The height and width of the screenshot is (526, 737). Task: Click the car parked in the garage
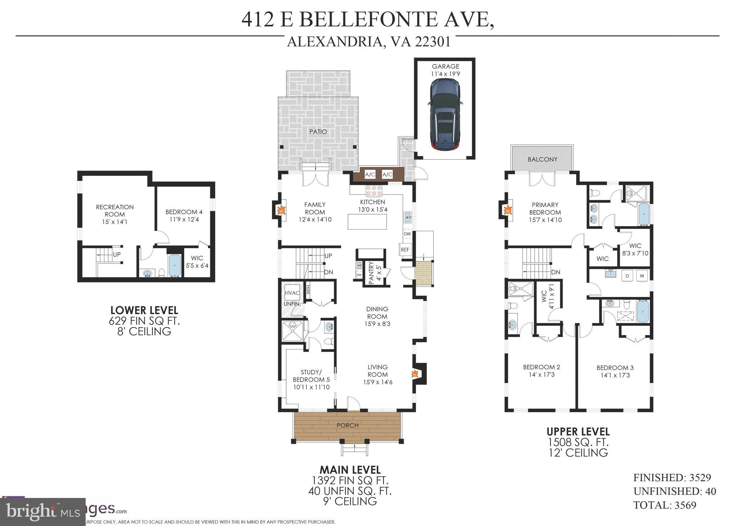pos(445,115)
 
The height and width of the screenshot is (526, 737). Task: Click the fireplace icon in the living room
pos(415,374)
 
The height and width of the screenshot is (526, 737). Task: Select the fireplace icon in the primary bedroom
pos(507,210)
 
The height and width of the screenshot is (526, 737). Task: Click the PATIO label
pos(318,132)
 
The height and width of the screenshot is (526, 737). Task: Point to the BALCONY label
pos(542,159)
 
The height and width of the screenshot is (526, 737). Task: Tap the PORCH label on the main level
pos(347,425)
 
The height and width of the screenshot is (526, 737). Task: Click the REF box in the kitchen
pos(405,250)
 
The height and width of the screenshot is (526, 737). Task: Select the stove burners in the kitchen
pos(374,189)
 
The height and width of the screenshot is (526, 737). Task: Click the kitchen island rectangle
pos(367,221)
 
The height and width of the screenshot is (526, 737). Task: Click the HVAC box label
pos(292,293)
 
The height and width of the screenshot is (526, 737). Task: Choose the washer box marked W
pos(642,276)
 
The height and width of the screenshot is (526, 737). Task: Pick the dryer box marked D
pos(628,276)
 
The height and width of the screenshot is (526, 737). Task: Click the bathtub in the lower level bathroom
pos(175,266)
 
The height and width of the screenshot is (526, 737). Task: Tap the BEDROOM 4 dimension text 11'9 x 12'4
pos(182,219)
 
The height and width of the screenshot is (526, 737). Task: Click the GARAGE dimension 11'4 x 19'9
pos(446,74)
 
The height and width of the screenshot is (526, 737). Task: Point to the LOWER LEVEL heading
pos(144,310)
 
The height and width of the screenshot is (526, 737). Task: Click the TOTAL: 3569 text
pos(665,505)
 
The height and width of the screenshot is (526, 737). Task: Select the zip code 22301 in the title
pos(433,42)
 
